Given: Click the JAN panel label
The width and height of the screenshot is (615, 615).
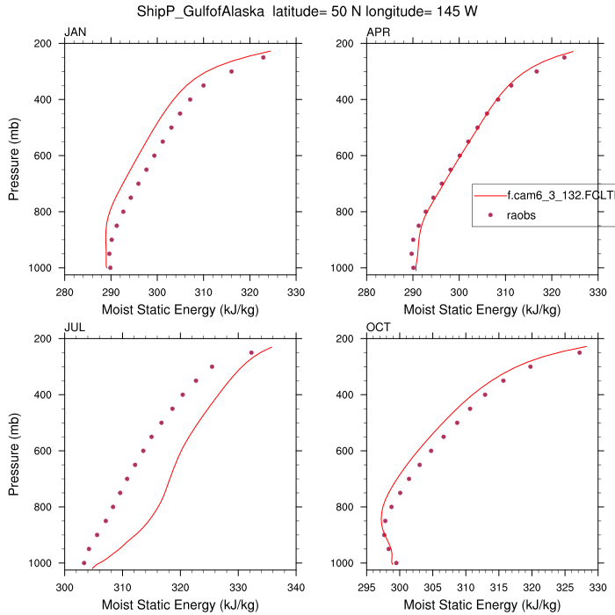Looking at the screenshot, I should (75, 33).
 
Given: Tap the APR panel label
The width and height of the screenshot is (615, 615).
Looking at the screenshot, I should (379, 33).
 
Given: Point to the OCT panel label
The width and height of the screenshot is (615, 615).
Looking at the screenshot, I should (379, 328).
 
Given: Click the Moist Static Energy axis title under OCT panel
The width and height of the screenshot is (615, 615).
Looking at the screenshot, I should (482, 604).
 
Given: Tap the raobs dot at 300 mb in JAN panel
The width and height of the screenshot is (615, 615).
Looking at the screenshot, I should (231, 71).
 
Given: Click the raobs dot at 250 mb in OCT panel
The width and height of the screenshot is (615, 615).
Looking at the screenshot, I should (579, 352).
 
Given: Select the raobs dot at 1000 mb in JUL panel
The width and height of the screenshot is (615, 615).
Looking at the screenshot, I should (84, 563).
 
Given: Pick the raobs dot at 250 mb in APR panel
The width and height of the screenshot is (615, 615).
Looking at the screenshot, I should (564, 57).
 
